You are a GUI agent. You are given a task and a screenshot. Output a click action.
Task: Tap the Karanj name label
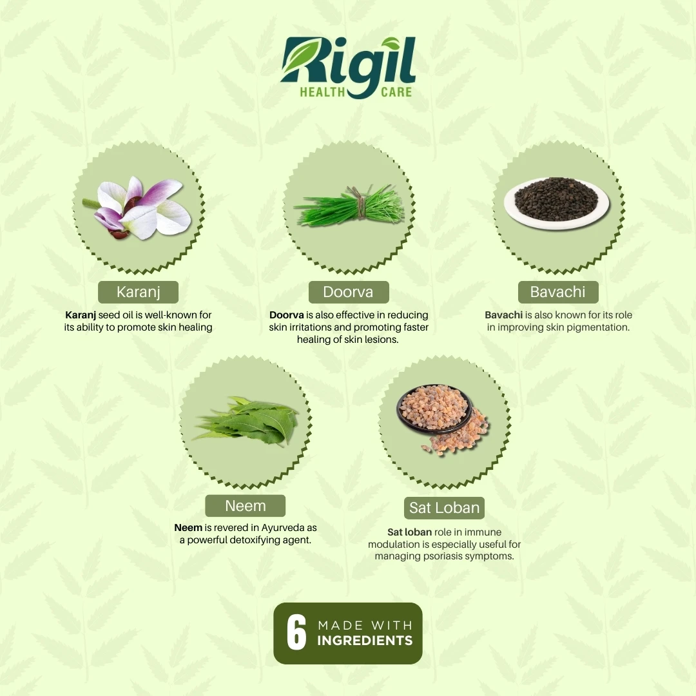coord(138,292)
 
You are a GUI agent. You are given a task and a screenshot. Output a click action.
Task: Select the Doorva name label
coord(349,292)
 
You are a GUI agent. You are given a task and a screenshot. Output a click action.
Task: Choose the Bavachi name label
coord(558,292)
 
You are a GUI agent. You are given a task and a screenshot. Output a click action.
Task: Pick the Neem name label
coord(245,506)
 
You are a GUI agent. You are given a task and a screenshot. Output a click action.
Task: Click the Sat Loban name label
coord(444,508)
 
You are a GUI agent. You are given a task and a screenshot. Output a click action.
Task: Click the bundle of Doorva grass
coord(350,206)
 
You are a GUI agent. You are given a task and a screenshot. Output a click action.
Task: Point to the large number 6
coord(296,633)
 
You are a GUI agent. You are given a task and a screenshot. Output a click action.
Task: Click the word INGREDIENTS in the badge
coord(365,641)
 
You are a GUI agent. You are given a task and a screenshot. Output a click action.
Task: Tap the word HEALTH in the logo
coord(322,92)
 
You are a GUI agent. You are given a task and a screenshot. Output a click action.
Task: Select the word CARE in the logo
coord(396,92)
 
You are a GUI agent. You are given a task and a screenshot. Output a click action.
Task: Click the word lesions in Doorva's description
coord(382,340)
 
